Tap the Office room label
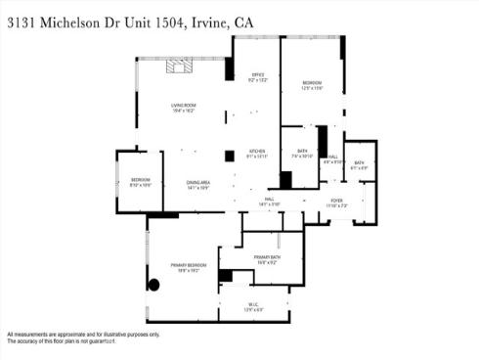click(258, 74)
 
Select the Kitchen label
click(257, 151)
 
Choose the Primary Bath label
click(267, 256)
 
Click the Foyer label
click(336, 201)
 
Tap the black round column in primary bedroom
click(153, 285)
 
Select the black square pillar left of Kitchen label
click(229, 155)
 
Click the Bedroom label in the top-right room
click(312, 82)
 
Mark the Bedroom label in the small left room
click(134, 179)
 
